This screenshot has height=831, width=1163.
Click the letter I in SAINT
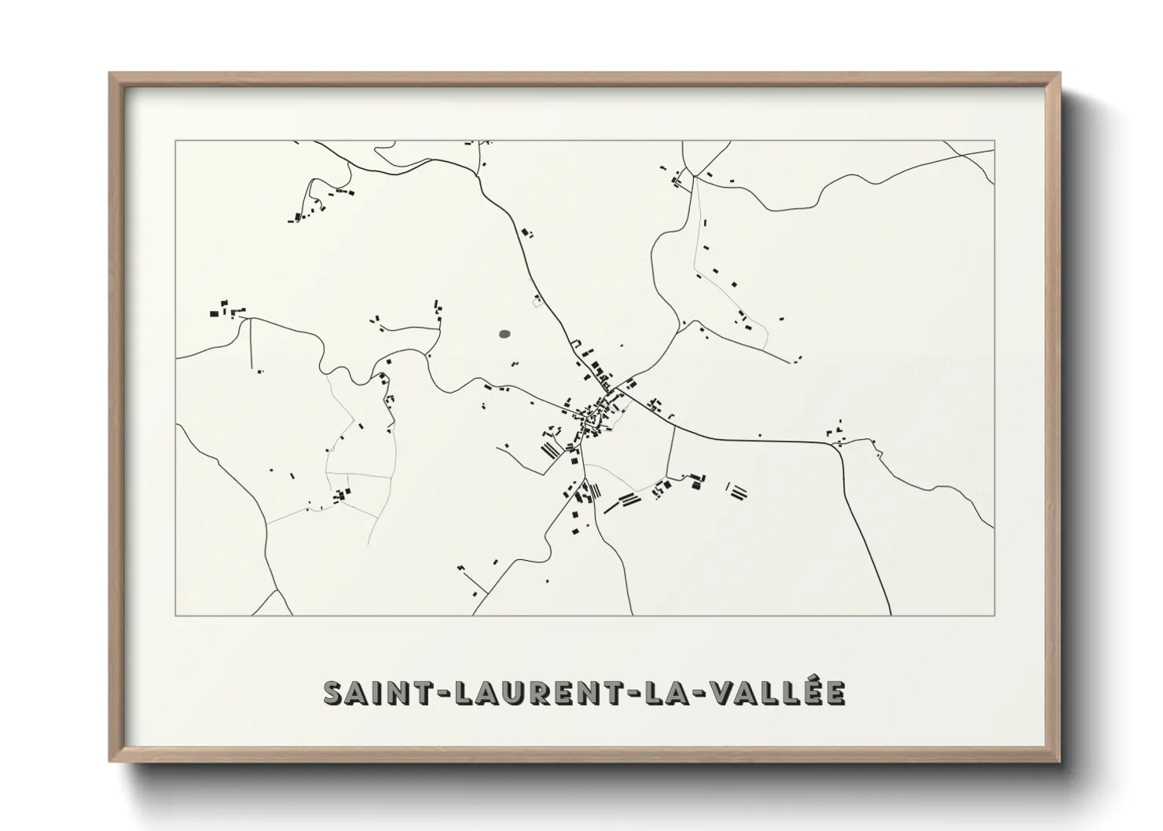[376, 693]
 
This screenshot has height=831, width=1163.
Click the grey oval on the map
[504, 334]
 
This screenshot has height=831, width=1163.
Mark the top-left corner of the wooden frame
[109, 73]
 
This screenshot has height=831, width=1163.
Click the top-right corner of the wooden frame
[1060, 73]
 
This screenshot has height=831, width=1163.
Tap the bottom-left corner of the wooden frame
[109, 762]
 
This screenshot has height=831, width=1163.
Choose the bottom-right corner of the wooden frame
[1060, 762]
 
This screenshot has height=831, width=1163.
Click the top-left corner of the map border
[176, 141]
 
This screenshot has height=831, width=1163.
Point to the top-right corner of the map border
[995, 141]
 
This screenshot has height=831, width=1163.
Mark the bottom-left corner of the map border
[176, 615]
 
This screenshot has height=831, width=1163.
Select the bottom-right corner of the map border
[995, 615]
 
